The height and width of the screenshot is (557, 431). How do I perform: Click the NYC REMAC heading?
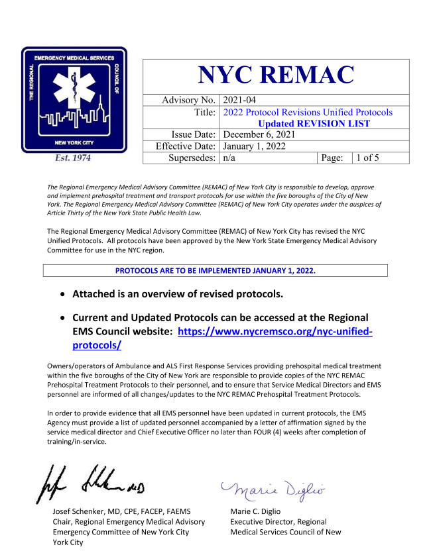click(276, 75)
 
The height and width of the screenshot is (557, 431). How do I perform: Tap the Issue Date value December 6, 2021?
click(261, 134)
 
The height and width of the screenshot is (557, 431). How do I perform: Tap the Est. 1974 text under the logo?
click(72, 158)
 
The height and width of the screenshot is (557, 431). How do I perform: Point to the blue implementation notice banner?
click(215, 271)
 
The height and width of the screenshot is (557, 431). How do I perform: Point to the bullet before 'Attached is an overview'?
click(62, 294)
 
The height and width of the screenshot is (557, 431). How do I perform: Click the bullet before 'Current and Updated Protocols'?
click(62, 319)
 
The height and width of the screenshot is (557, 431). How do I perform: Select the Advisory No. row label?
click(189, 100)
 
